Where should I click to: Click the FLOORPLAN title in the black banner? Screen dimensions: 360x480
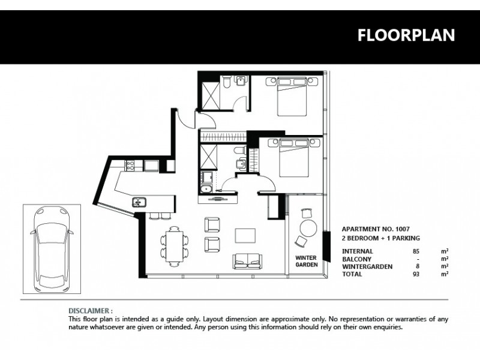click(406, 35)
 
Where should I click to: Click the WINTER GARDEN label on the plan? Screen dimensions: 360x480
click(306, 261)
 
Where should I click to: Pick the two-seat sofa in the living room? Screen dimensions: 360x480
click(247, 260)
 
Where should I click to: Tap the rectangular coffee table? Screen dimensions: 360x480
click(245, 235)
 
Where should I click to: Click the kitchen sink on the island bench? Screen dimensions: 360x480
click(139, 202)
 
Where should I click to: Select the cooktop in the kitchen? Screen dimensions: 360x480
click(131, 164)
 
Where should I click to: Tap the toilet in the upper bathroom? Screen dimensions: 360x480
click(226, 85)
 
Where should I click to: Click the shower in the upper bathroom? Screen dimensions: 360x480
click(210, 95)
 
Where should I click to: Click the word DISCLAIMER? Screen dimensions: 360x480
click(90, 311)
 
